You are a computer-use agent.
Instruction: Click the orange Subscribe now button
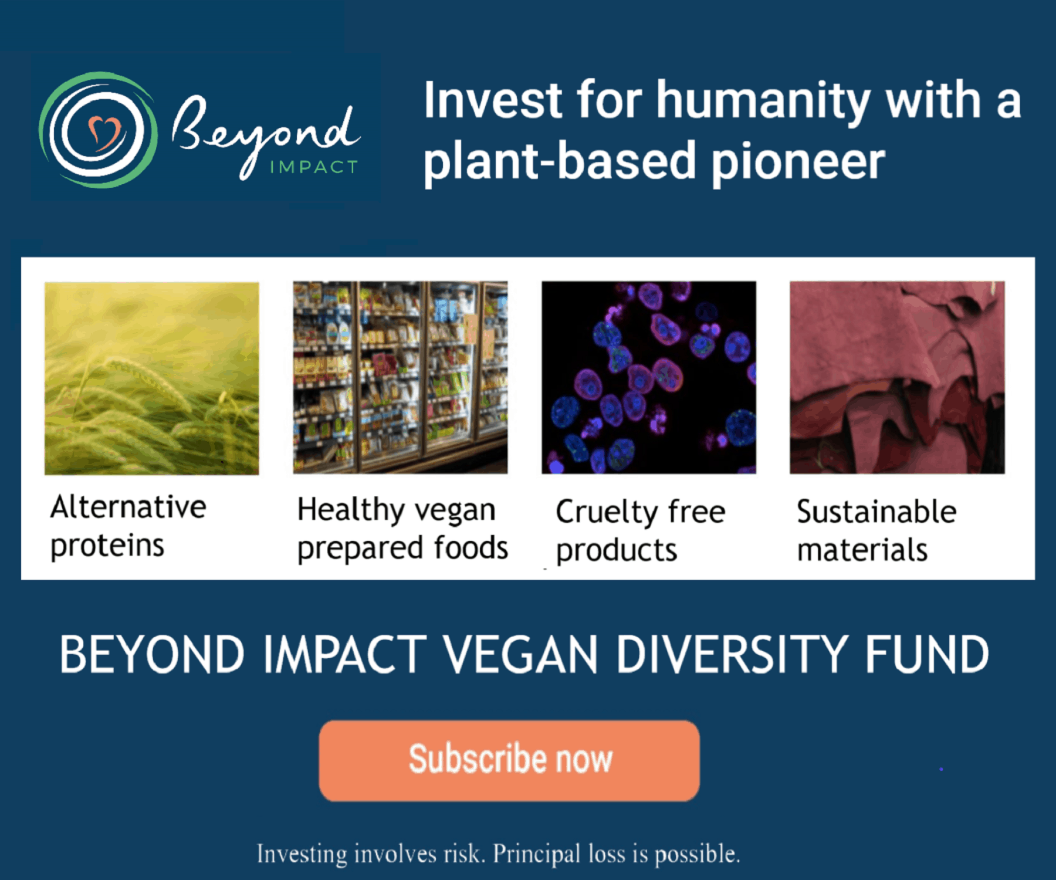pos(509,760)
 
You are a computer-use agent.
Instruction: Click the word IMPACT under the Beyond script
pos(314,167)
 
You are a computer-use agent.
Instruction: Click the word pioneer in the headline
pos(798,163)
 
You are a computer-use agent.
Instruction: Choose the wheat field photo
pos(152,378)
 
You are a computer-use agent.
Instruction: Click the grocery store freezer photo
pos(401,378)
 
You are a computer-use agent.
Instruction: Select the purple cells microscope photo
pos(649,378)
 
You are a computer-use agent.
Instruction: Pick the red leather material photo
pos(897,378)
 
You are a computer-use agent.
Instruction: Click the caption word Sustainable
pos(877,511)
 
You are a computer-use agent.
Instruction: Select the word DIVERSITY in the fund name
pos(732,654)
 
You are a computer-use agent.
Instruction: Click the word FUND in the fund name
pos(928,654)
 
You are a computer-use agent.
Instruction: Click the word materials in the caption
pos(862,550)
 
